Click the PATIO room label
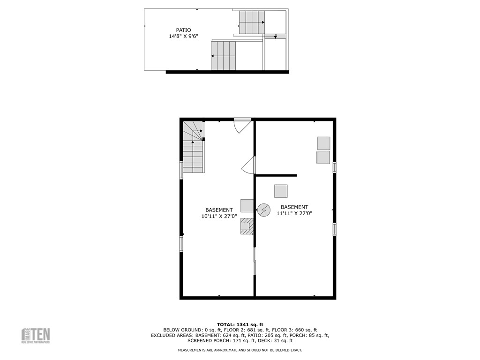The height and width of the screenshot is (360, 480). pyautogui.click(x=183, y=30)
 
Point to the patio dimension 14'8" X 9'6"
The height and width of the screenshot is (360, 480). pyautogui.click(x=183, y=37)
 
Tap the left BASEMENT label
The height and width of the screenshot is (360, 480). pyautogui.click(x=219, y=210)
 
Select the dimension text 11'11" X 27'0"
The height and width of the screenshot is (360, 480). pyautogui.click(x=294, y=213)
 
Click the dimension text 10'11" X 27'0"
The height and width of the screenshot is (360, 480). pyautogui.click(x=219, y=216)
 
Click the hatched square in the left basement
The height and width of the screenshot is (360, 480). pyautogui.click(x=247, y=226)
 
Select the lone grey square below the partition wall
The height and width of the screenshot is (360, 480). pyautogui.click(x=281, y=191)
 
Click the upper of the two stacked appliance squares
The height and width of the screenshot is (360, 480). pyautogui.click(x=323, y=143)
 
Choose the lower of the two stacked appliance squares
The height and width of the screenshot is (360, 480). pyautogui.click(x=323, y=157)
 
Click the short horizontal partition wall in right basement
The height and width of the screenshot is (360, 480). pyautogui.click(x=276, y=175)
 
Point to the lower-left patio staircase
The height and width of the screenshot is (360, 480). pyautogui.click(x=223, y=56)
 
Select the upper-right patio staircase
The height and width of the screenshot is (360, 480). pyautogui.click(x=252, y=22)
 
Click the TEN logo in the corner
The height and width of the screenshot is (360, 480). pyautogui.click(x=36, y=335)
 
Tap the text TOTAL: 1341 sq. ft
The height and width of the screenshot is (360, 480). pyautogui.click(x=240, y=324)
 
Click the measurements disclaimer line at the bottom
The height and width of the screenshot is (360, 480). pyautogui.click(x=240, y=350)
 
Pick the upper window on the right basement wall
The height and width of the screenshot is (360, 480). pyautogui.click(x=334, y=167)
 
